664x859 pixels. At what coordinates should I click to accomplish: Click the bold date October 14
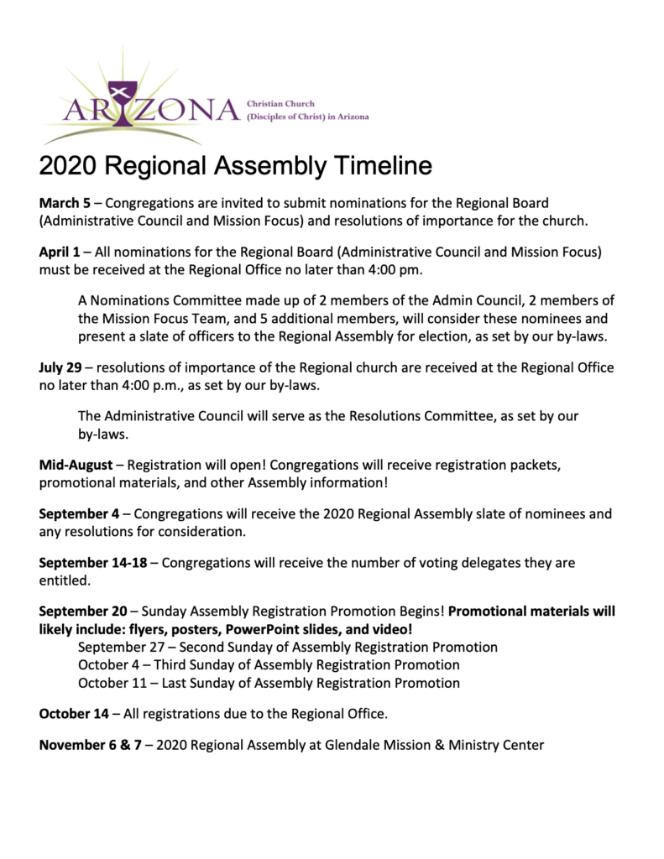74,714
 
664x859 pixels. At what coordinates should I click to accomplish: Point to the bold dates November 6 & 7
91,745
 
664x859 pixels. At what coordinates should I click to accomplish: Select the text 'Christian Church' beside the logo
280,103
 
